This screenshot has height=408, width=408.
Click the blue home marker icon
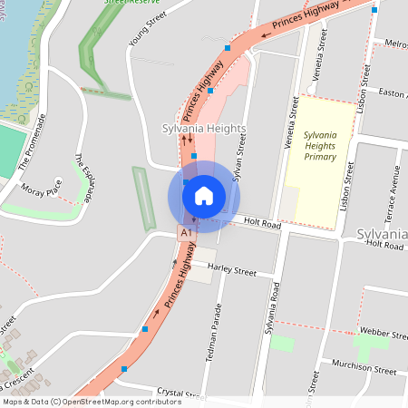203,195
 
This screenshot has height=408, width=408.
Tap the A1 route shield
186,233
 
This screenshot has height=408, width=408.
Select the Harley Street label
232,269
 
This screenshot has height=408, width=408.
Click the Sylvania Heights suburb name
203,129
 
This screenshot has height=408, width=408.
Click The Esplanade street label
83,178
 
